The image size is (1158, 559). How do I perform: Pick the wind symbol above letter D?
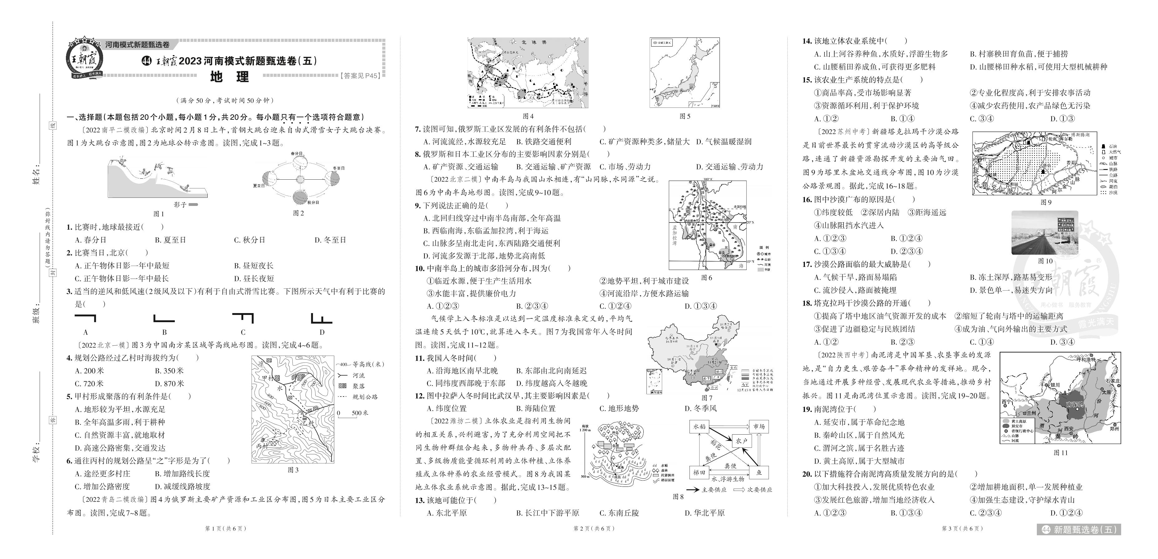[321, 319]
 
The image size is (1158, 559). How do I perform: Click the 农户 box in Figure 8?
[741, 441]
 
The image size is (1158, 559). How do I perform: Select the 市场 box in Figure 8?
[759, 426]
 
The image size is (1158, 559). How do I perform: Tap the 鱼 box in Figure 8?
[759, 472]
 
